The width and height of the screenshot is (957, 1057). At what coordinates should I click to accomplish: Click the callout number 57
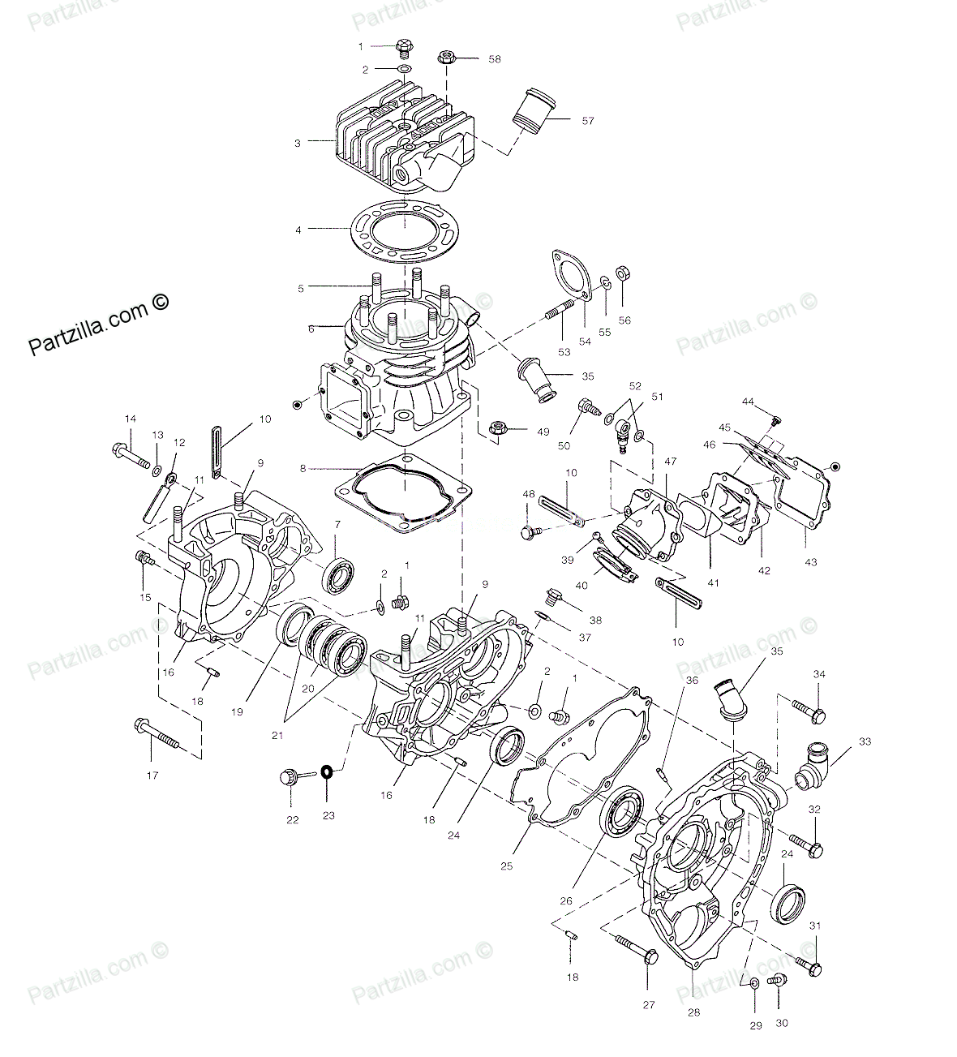tap(588, 121)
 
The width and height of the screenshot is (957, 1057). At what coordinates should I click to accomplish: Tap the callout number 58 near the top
tap(494, 59)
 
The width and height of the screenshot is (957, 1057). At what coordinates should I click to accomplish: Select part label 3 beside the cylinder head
tap(297, 143)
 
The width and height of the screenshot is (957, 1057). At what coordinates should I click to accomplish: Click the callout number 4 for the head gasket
tap(298, 230)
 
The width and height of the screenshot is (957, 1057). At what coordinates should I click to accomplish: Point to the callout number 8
tap(303, 468)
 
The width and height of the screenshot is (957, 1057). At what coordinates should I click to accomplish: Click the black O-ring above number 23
tap(326, 772)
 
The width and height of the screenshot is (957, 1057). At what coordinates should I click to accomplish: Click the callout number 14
tap(130, 419)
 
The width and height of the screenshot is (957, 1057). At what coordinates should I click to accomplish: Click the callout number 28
tap(693, 1012)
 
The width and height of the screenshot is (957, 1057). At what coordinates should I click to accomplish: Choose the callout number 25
tap(506, 866)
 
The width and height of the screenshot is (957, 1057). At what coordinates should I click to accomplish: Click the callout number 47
tap(670, 462)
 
